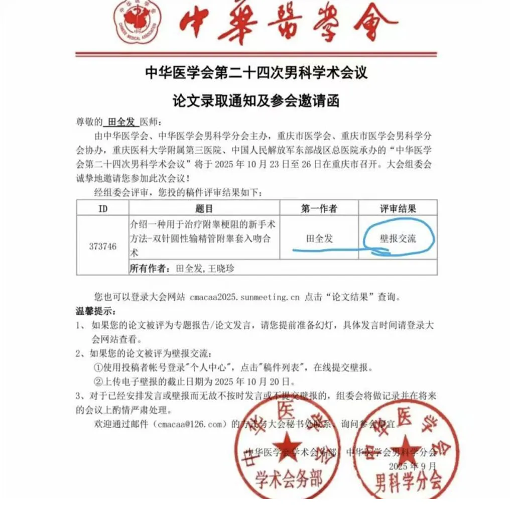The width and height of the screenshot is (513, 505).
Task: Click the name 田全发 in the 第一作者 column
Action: coord(319,238)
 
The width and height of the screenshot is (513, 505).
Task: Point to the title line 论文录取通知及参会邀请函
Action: coord(256,100)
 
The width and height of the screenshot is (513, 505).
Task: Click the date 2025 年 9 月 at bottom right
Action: coord(416,466)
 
